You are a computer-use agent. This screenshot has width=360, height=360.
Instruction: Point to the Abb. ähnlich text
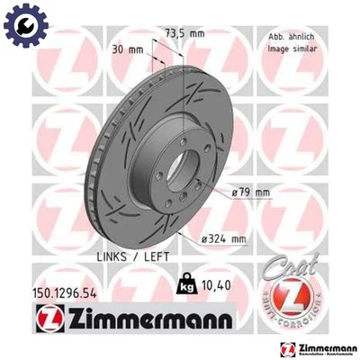(x=289, y=33)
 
